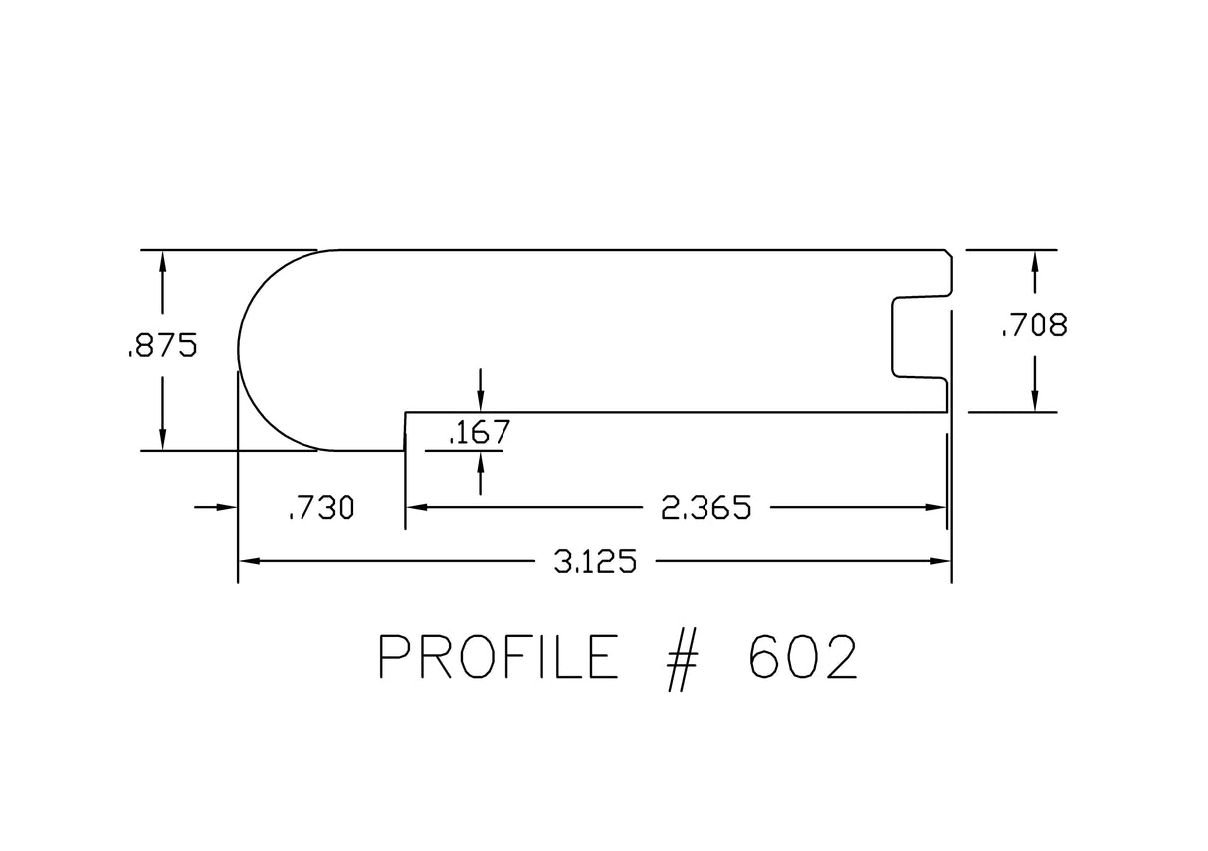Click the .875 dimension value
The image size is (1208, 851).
click(x=162, y=346)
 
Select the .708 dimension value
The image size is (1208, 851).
click(x=1034, y=324)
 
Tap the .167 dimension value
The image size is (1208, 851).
click(x=480, y=433)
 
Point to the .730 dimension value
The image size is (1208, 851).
click(x=320, y=509)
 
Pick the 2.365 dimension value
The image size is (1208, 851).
click(x=705, y=509)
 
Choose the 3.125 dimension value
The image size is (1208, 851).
click(x=595, y=562)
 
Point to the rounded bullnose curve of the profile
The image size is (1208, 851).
click(x=257, y=348)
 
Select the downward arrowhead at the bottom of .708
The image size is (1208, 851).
click(x=1035, y=401)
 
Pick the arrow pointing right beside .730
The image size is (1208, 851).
click(x=227, y=508)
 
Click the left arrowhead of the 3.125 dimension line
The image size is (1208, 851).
click(x=248, y=562)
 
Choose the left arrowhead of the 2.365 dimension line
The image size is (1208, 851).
click(x=416, y=508)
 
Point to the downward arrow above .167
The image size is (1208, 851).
click(x=481, y=401)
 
